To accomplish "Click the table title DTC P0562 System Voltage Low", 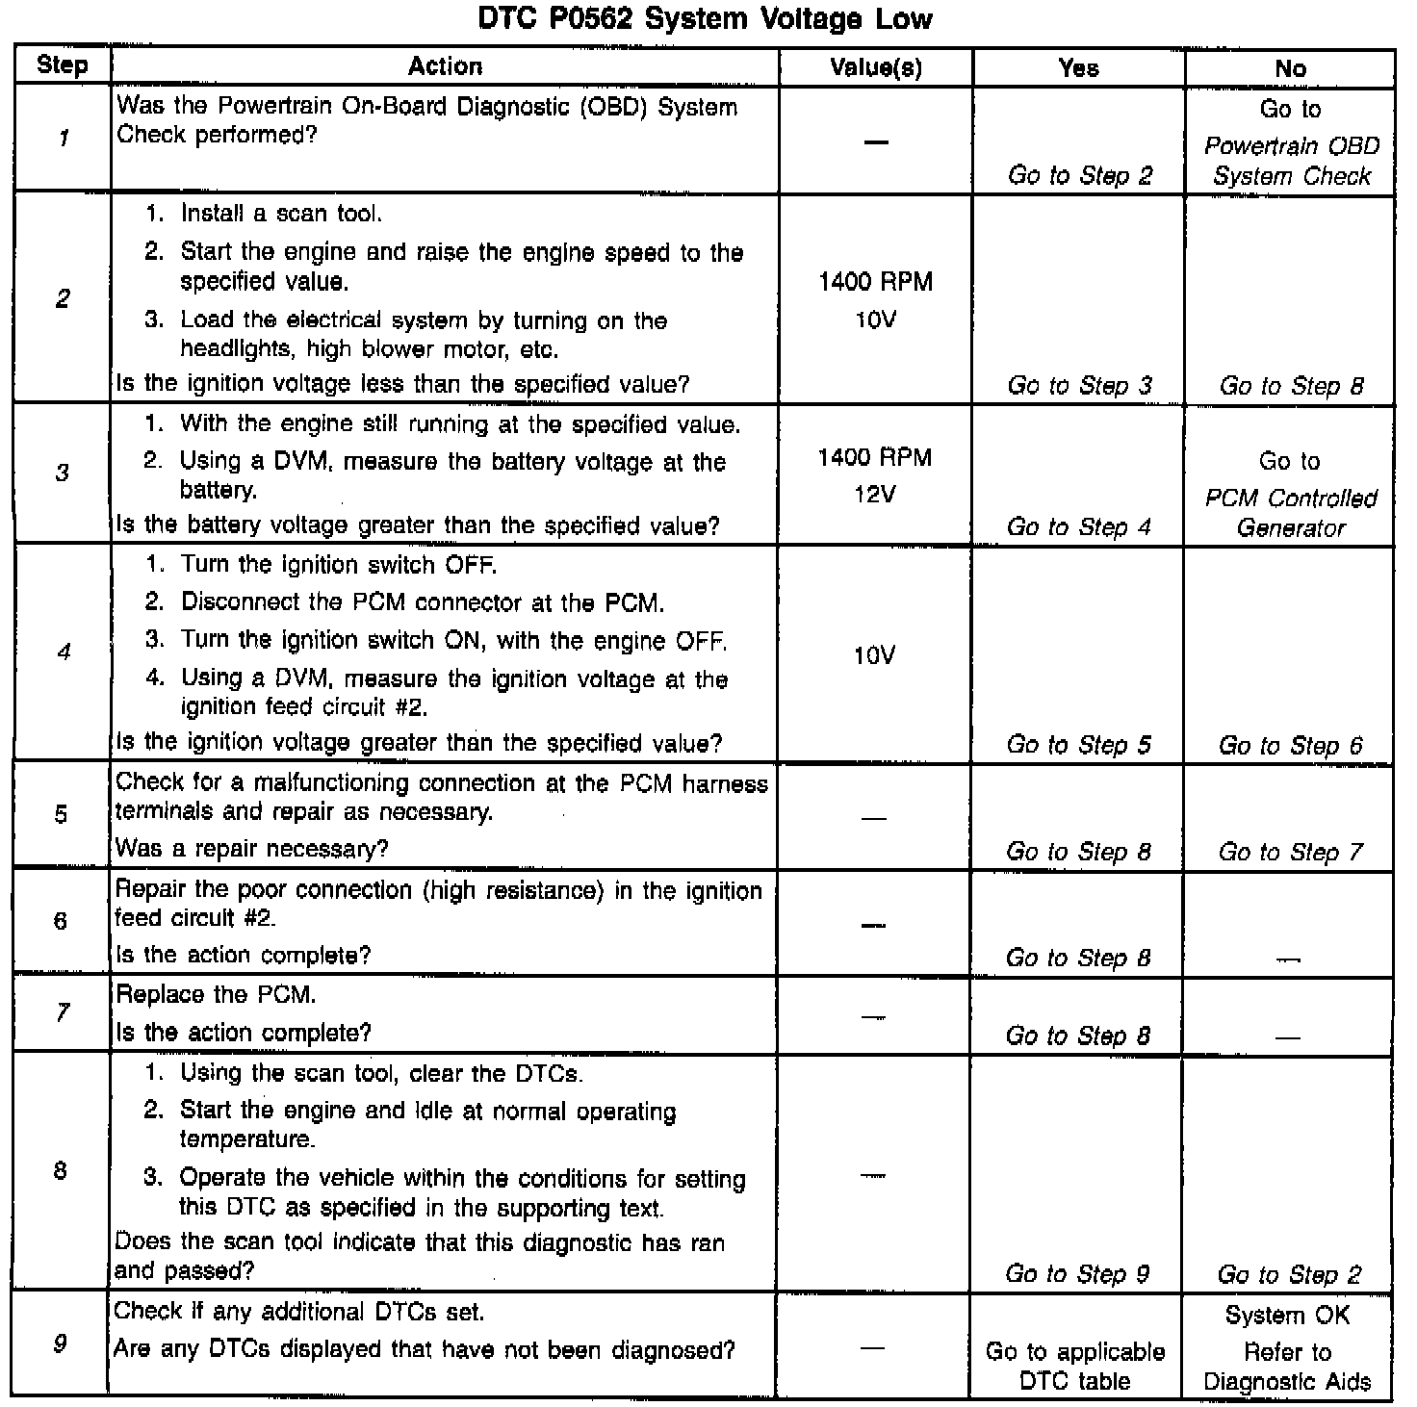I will [x=705, y=19].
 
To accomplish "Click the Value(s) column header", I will [x=875, y=67].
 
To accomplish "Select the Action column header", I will [x=445, y=66].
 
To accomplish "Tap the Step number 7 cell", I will [x=62, y=1012].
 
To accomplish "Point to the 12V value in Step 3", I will [x=875, y=495].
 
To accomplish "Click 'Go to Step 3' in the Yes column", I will [x=1079, y=386].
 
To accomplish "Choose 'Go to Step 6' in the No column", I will [x=1290, y=746].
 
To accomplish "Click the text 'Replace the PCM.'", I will [x=216, y=994].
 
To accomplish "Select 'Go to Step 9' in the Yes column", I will [x=1077, y=1274].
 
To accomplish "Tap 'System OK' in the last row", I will [x=1287, y=1316].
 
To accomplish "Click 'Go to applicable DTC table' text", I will [x=1075, y=1367].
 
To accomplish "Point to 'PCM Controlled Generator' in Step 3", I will [x=1291, y=513].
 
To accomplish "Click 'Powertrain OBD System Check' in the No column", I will [x=1291, y=161].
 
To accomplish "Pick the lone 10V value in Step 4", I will [x=874, y=656].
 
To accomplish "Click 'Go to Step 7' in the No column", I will [x=1290, y=853].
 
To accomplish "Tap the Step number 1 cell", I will [x=63, y=139].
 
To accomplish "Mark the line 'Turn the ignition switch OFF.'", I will [x=338, y=565].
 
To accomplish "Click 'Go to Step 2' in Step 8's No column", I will [x=1289, y=1275].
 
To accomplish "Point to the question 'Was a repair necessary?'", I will [x=251, y=849].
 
